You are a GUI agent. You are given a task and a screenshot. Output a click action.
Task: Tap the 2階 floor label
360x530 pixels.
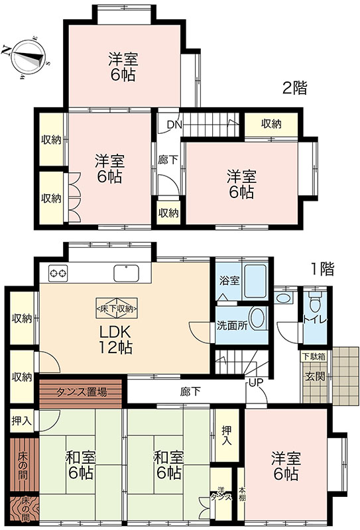point(295,88)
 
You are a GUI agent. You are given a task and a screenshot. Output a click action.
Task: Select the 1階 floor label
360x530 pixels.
point(322,269)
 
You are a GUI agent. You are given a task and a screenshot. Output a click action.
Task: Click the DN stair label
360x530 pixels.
point(175,125)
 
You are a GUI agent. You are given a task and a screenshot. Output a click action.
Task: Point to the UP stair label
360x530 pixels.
point(256,383)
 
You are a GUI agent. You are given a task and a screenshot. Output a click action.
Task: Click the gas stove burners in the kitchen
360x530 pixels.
point(58,273)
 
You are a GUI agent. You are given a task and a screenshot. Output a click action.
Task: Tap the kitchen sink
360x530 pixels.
point(126,273)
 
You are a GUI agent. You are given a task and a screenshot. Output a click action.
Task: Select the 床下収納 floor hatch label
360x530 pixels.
point(117,309)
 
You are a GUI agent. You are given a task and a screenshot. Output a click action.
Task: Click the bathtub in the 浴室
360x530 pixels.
point(255,280)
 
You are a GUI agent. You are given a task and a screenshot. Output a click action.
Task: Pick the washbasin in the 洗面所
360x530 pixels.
point(258,318)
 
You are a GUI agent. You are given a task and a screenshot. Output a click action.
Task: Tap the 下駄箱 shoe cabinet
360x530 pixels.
point(314,356)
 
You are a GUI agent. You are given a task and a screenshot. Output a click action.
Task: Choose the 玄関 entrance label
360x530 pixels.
point(315,376)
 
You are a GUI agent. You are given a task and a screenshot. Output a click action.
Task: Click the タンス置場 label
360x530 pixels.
point(81,392)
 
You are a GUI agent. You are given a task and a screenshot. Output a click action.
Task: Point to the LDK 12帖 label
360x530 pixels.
point(115,339)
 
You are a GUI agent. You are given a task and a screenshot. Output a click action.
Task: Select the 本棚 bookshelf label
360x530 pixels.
point(242,494)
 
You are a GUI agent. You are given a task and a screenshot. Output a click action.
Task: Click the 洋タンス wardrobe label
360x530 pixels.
point(221,494)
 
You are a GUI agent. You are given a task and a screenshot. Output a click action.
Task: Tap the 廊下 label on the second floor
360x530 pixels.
point(168,160)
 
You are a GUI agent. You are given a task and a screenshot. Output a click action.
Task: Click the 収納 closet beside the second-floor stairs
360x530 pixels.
point(271,125)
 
